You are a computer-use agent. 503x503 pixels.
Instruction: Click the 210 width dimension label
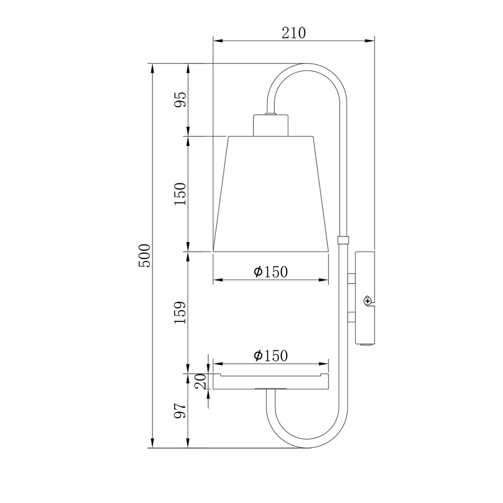(293, 33)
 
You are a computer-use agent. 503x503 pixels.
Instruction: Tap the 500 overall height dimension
(144, 255)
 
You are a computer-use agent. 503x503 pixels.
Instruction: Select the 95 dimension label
(181, 99)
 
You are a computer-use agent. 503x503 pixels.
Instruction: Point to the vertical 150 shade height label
(181, 194)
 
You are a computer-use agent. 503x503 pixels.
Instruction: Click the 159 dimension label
(181, 313)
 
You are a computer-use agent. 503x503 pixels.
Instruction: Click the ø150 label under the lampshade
(271, 272)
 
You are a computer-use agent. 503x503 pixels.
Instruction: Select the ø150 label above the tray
(271, 355)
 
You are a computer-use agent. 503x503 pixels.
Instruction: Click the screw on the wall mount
(368, 301)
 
